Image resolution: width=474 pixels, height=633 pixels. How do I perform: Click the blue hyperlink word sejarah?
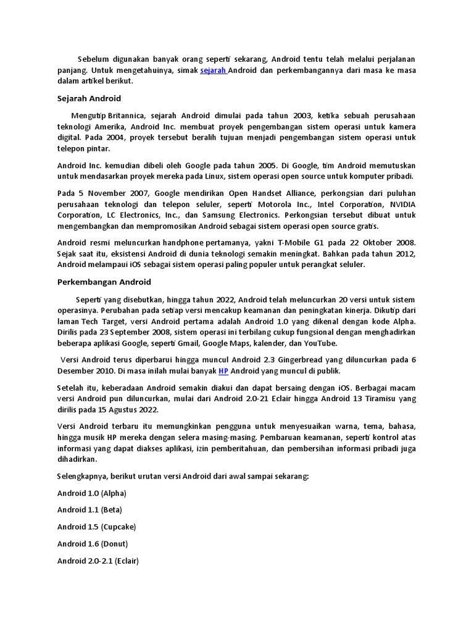(x=214, y=70)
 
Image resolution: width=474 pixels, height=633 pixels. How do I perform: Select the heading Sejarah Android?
(x=89, y=98)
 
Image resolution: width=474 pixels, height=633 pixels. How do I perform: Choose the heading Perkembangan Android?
(x=104, y=282)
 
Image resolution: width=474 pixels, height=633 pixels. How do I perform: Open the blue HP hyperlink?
(x=223, y=371)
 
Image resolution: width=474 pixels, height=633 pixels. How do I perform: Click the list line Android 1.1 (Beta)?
(x=89, y=510)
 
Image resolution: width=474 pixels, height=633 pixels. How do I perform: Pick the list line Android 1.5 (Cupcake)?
(x=96, y=527)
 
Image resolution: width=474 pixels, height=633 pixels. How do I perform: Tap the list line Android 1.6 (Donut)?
(x=93, y=544)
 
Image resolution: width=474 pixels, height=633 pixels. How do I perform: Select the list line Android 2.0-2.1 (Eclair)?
(x=98, y=561)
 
